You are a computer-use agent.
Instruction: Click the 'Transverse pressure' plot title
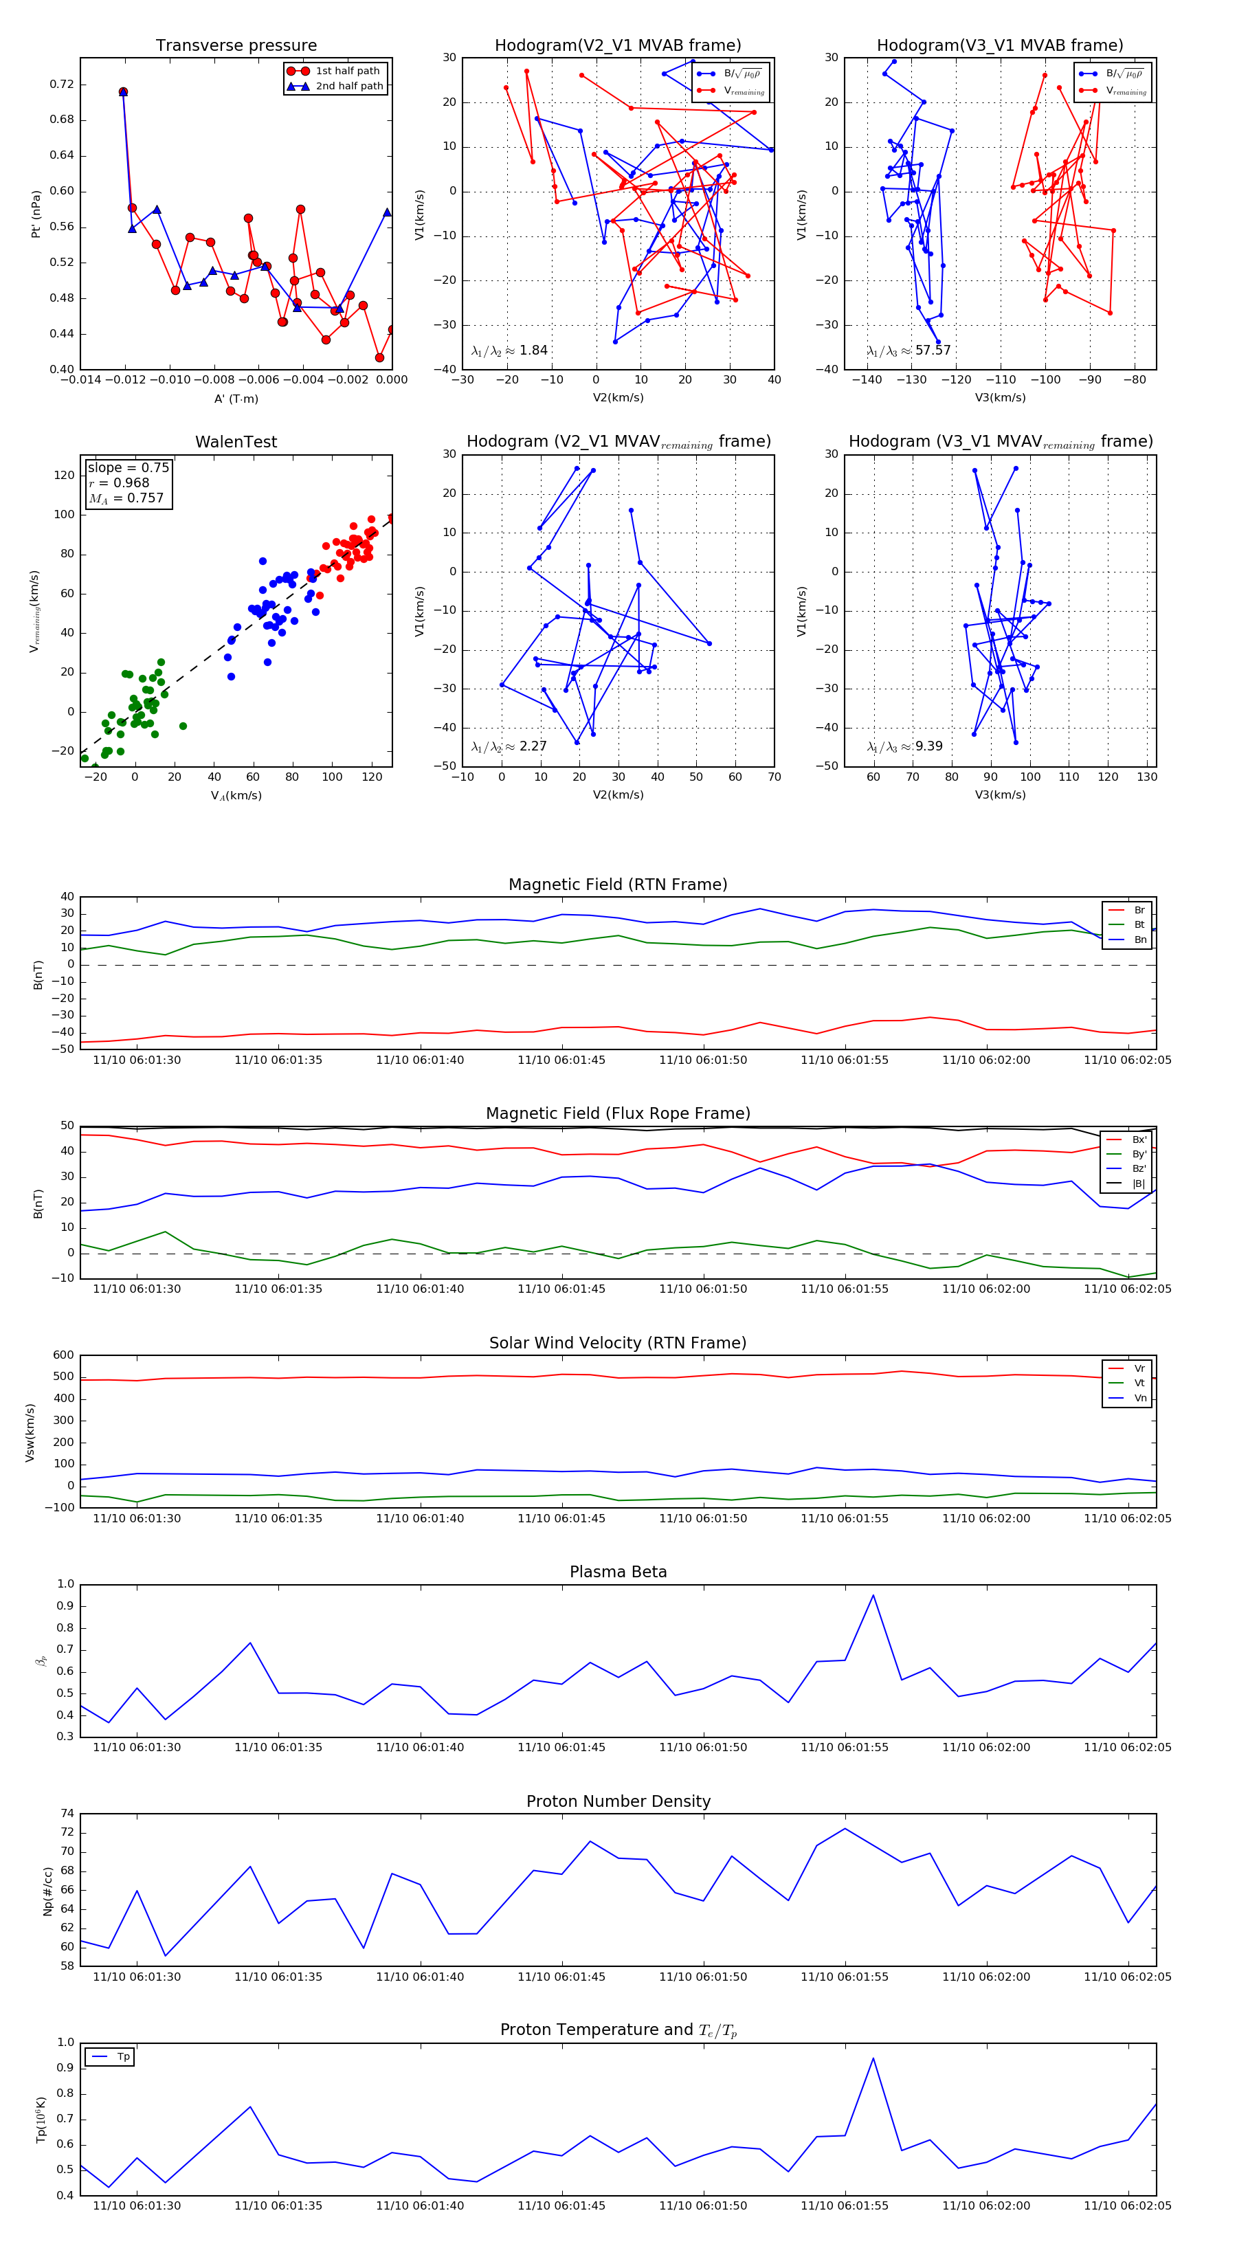236,46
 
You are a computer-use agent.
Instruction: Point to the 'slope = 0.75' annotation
128,467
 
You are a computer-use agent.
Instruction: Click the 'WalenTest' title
236,442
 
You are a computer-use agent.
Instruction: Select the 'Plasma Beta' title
618,1572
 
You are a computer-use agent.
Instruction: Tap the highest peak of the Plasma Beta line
873,1595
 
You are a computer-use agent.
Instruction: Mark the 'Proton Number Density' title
618,1801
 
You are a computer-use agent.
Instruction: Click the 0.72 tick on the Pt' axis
62,85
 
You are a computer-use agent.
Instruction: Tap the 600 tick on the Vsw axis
63,1355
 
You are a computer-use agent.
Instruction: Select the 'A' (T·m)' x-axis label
236,399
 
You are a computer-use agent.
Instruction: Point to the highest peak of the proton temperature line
873,2058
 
